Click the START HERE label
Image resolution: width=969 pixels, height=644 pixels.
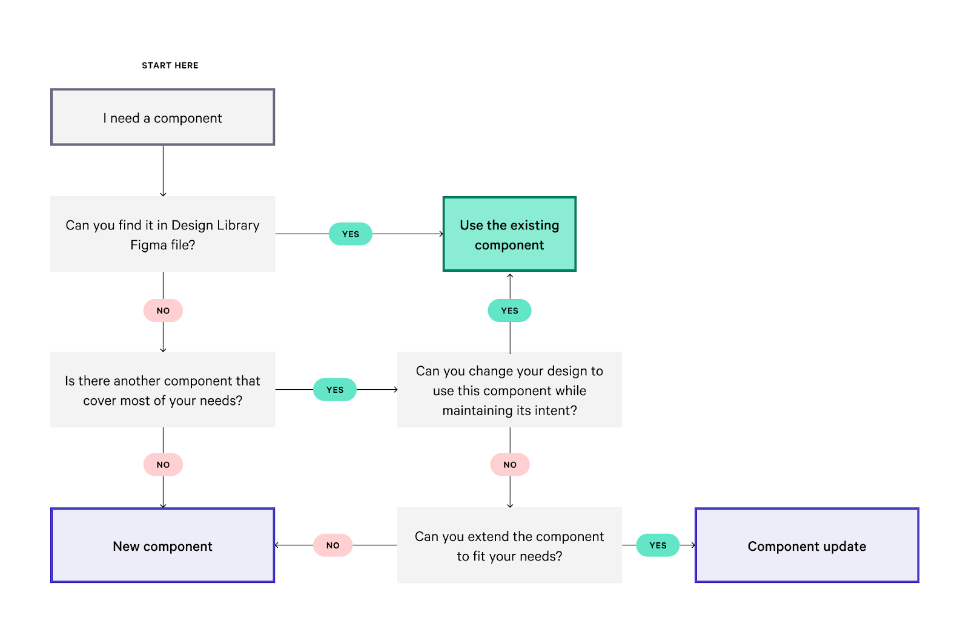click(x=170, y=65)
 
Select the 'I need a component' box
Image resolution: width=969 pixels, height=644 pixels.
click(x=162, y=117)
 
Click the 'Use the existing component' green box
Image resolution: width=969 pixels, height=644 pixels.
click(x=509, y=234)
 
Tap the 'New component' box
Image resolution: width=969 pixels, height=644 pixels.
click(x=162, y=545)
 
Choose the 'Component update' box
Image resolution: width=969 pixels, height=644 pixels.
click(x=807, y=545)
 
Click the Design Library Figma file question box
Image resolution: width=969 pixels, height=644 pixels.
click(x=162, y=234)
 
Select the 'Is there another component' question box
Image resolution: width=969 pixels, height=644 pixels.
click(x=162, y=390)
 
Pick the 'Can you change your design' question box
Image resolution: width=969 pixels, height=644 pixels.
click(x=509, y=390)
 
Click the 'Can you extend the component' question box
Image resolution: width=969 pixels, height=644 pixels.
click(x=509, y=545)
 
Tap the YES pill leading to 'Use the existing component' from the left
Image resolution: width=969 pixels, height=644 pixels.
click(x=351, y=234)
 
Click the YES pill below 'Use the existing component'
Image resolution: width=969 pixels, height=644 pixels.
click(x=509, y=310)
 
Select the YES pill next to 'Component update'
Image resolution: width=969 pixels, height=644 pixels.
click(x=658, y=545)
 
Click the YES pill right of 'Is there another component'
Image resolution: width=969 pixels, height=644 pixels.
click(x=335, y=390)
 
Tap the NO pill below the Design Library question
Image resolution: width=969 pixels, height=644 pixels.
click(x=163, y=310)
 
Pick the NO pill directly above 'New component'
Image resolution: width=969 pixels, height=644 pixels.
click(x=163, y=465)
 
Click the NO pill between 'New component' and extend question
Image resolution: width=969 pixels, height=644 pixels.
click(x=332, y=545)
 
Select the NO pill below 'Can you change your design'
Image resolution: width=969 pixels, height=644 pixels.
click(x=510, y=465)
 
